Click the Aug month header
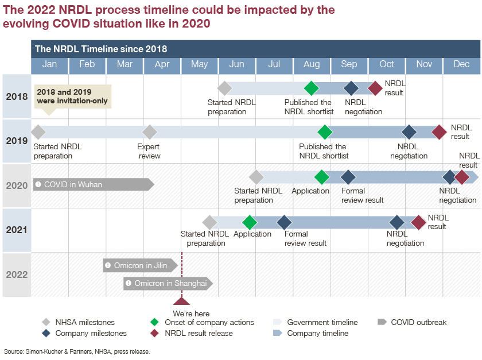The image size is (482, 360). (312, 64)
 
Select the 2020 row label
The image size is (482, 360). (17, 185)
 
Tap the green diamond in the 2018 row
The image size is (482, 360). (311, 88)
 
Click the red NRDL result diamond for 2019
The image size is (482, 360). (439, 132)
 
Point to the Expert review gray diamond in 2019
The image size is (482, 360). (150, 132)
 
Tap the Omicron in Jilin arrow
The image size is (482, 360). (140, 265)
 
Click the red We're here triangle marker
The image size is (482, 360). (182, 301)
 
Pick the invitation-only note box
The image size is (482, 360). (72, 96)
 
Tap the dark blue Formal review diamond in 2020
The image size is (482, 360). (348, 177)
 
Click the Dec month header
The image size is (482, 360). (461, 64)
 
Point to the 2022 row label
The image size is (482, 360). (17, 274)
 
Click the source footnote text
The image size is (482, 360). (77, 351)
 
